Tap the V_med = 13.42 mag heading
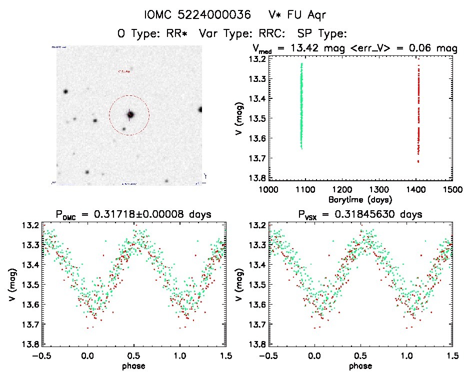pos(314,48)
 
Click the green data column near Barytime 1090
pos(301,105)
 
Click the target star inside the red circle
pos(130,115)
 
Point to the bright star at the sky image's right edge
pos(200,109)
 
